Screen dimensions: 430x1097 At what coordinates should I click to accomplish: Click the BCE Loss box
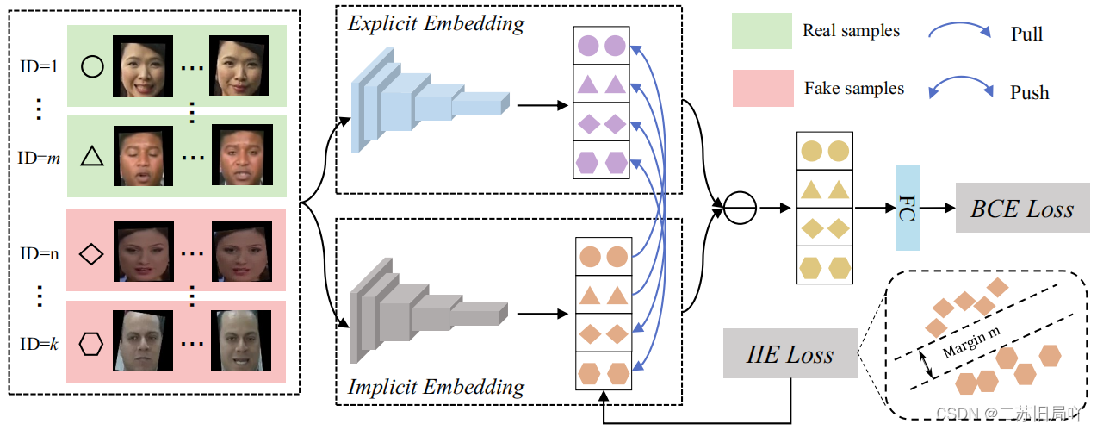click(1022, 209)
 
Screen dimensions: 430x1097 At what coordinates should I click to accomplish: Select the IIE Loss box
click(790, 353)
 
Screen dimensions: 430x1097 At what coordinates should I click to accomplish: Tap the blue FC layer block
click(908, 209)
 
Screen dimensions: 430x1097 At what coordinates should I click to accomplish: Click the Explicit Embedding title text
click(436, 23)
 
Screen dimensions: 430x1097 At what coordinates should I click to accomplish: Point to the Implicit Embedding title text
click(436, 387)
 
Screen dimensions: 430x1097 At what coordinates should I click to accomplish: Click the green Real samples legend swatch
click(761, 31)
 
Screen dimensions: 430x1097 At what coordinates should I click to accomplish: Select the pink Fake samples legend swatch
click(761, 89)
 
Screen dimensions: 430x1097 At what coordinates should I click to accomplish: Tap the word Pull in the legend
click(1026, 34)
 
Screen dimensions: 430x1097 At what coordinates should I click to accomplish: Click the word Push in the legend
click(1029, 92)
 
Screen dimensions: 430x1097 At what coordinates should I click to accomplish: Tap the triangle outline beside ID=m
click(91, 156)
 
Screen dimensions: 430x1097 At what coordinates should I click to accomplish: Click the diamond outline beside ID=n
click(91, 253)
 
